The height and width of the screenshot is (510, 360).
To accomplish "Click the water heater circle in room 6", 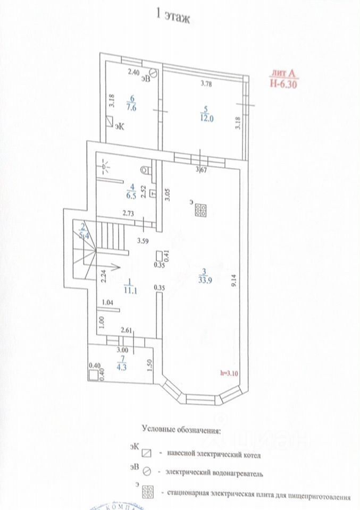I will pyautogui.click(x=153, y=73).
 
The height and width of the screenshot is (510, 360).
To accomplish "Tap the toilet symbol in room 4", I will pyautogui.click(x=146, y=169).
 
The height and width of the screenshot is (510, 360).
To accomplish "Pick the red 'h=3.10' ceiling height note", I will pyautogui.click(x=230, y=372).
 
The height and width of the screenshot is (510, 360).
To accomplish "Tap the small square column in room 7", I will pyautogui.click(x=94, y=375).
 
